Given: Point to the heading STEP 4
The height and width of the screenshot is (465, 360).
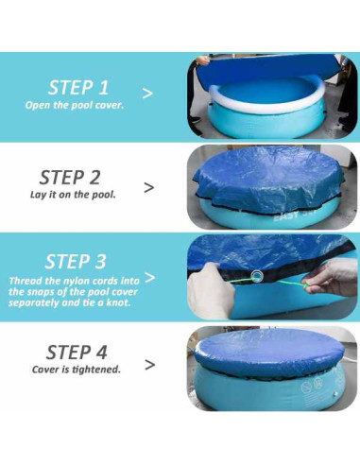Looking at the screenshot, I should pos(77,351).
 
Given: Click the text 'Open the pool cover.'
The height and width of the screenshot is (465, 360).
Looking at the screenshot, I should pos(75,104).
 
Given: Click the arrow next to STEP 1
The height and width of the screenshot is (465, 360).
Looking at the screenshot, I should pos(147,94).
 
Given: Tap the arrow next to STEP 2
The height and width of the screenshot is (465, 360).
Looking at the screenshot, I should pos(148,186).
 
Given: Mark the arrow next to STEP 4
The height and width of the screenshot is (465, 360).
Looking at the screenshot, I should pos(148,364).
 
